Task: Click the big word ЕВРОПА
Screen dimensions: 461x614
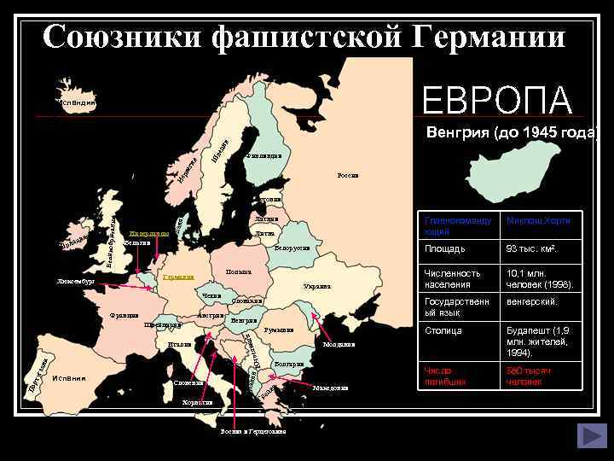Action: tap(498, 99)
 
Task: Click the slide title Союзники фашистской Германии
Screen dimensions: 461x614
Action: tap(304, 36)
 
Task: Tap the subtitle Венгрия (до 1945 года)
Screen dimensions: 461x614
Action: tap(513, 133)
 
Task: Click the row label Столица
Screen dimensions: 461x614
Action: tap(443, 330)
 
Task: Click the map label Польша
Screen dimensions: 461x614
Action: tap(239, 272)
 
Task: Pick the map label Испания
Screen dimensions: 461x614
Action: tap(68, 378)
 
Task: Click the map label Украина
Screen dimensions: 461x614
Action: tap(317, 287)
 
